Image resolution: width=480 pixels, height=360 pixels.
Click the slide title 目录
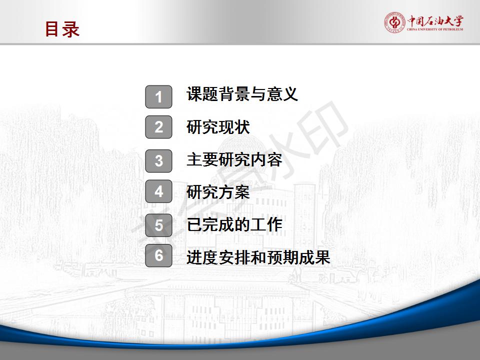click(x=62, y=29)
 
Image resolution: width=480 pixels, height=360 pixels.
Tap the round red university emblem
click(x=394, y=22)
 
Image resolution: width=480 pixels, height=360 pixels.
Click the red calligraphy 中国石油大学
click(x=435, y=21)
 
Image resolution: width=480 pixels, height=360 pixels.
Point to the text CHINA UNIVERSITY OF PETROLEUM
click(x=435, y=29)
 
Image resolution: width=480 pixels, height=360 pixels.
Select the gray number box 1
click(x=158, y=96)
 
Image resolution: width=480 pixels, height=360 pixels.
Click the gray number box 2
click(x=158, y=127)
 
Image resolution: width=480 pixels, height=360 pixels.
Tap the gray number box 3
click(x=158, y=160)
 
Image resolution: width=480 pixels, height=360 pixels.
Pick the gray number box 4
click(x=158, y=191)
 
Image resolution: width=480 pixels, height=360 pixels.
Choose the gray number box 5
click(x=158, y=225)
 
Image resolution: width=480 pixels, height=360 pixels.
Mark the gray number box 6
click(x=158, y=255)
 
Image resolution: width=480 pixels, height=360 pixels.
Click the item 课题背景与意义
click(x=242, y=93)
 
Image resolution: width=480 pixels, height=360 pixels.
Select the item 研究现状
click(x=218, y=127)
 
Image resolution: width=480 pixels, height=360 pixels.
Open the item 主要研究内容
click(x=234, y=160)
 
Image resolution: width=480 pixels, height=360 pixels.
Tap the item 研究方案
click(x=218, y=192)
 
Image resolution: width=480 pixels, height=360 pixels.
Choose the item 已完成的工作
click(x=234, y=224)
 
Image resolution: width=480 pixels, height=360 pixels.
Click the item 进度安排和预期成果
click(x=258, y=257)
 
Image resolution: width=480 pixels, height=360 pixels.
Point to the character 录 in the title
click(x=71, y=29)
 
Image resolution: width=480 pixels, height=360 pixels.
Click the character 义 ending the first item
click(x=290, y=93)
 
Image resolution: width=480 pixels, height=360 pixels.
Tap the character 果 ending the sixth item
click(x=322, y=257)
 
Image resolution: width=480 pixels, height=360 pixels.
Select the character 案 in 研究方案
click(x=242, y=192)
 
